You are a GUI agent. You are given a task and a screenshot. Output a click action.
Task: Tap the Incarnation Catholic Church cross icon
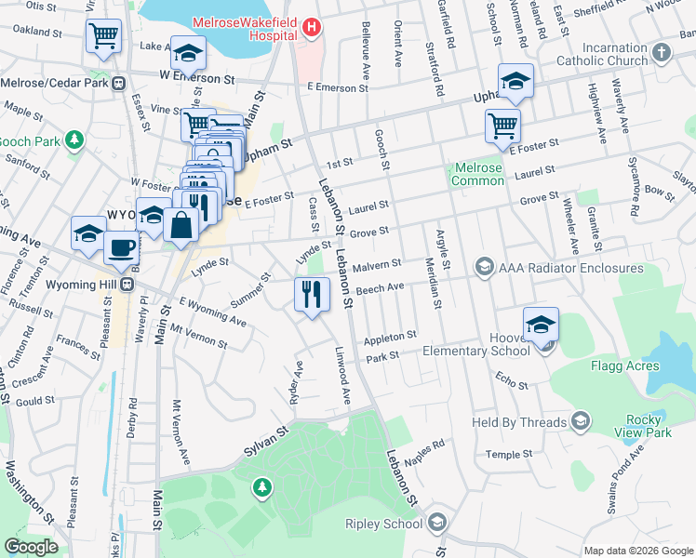pyautogui.click(x=662, y=52)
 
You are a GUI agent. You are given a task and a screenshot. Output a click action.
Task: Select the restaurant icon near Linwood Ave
pyautogui.click(x=312, y=296)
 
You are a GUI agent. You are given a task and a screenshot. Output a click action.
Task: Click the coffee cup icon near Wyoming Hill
pyautogui.click(x=120, y=248)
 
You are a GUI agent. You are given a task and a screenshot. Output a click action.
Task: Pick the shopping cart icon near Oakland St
pyautogui.click(x=103, y=36)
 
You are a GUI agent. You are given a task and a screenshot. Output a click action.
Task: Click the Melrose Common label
pyautogui.click(x=478, y=174)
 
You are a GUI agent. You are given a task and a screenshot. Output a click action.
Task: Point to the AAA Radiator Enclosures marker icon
pyautogui.click(x=484, y=268)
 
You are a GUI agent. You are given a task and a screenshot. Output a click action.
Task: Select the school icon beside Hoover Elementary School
pyautogui.click(x=541, y=325)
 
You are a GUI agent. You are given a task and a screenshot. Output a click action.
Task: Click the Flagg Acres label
pyautogui.click(x=624, y=365)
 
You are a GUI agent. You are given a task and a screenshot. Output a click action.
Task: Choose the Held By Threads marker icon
pyautogui.click(x=581, y=421)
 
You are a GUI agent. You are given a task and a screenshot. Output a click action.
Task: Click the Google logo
pyautogui.click(x=31, y=547)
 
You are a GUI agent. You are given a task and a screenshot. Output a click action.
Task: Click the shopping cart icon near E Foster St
pyautogui.click(x=502, y=126)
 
